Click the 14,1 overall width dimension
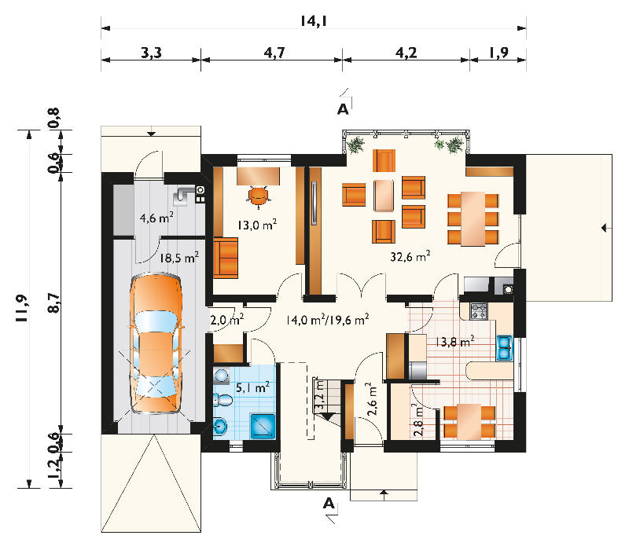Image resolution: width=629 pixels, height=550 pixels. pyautogui.click(x=314, y=21)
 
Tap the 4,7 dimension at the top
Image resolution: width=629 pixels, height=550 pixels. pyautogui.click(x=274, y=53)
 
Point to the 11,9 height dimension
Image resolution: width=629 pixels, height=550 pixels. pyautogui.click(x=22, y=308)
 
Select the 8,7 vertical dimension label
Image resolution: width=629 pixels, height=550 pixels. pyautogui.click(x=53, y=302)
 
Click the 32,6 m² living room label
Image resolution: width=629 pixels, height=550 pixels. pyautogui.click(x=410, y=256)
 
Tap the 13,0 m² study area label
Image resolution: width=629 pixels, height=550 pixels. pyautogui.click(x=257, y=225)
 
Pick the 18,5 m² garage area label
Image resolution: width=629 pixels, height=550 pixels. pyautogui.click(x=179, y=258)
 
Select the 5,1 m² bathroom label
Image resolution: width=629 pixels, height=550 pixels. pyautogui.click(x=252, y=387)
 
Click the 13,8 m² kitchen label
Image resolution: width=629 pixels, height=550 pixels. pyautogui.click(x=455, y=342)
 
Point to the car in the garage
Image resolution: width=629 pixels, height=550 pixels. pyautogui.click(x=156, y=343)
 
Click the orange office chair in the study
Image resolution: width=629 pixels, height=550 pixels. pyautogui.click(x=259, y=195)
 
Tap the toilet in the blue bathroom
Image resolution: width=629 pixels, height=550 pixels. pyautogui.click(x=223, y=400)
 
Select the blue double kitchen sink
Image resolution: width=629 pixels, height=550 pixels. pyautogui.click(x=505, y=348)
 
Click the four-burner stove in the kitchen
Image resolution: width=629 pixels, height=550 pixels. pyautogui.click(x=479, y=311)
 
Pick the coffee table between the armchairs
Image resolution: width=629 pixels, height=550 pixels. pyautogui.click(x=384, y=196)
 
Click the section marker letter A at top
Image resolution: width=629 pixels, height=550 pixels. pyautogui.click(x=343, y=109)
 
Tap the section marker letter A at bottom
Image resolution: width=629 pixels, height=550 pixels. pyautogui.click(x=329, y=503)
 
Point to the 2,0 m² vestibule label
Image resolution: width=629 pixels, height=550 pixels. pyautogui.click(x=227, y=320)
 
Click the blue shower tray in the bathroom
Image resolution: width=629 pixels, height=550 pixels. pyautogui.click(x=263, y=426)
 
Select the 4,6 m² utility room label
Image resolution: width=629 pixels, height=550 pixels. pyautogui.click(x=156, y=218)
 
